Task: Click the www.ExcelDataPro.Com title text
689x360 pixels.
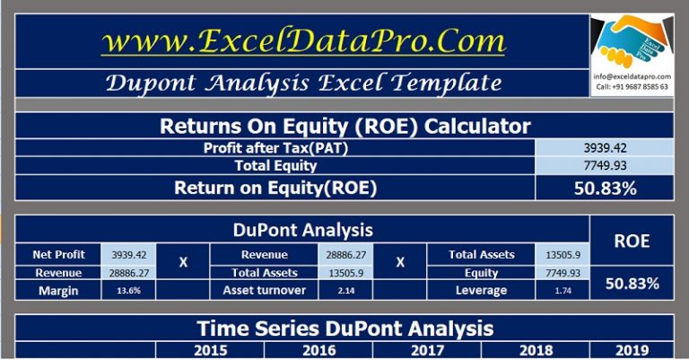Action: click(x=302, y=41)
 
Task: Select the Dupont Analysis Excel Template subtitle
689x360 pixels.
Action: click(x=302, y=83)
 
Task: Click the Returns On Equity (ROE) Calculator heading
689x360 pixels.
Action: click(x=344, y=126)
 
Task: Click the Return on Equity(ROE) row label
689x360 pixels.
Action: click(x=275, y=187)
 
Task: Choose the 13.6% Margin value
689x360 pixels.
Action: click(x=128, y=290)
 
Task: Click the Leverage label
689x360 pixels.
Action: click(x=481, y=290)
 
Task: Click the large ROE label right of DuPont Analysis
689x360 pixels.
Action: click(x=632, y=241)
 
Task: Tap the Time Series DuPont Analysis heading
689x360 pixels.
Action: click(x=344, y=328)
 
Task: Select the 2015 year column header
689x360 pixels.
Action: click(x=210, y=350)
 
